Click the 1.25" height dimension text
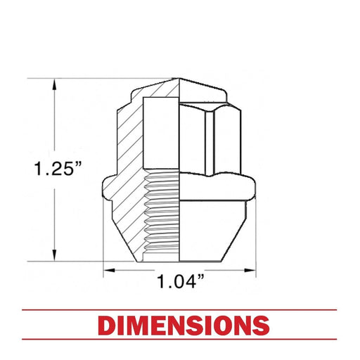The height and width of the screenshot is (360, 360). pos(58,169)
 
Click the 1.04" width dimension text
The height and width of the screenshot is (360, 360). pos(180,281)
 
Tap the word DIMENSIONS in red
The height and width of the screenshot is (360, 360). pos(184,326)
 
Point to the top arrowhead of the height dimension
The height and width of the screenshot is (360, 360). pos(55,85)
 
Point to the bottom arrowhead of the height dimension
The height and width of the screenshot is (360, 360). pos(55,255)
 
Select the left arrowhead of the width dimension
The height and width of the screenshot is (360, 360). pos(110,271)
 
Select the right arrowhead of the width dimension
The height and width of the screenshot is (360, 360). pos(250,271)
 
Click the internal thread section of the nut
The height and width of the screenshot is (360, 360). pos(161,214)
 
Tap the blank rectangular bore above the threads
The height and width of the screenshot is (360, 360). pos(161,133)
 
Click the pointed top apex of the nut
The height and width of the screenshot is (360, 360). pos(179,78)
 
